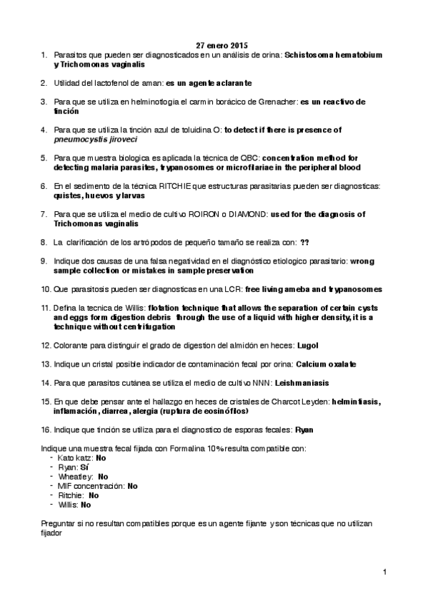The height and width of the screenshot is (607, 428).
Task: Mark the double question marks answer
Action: [305, 242]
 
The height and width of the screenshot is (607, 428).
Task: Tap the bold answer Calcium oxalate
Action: [328, 364]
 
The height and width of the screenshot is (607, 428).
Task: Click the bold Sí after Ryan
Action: [84, 467]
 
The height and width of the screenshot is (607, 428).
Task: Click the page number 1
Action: [384, 572]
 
